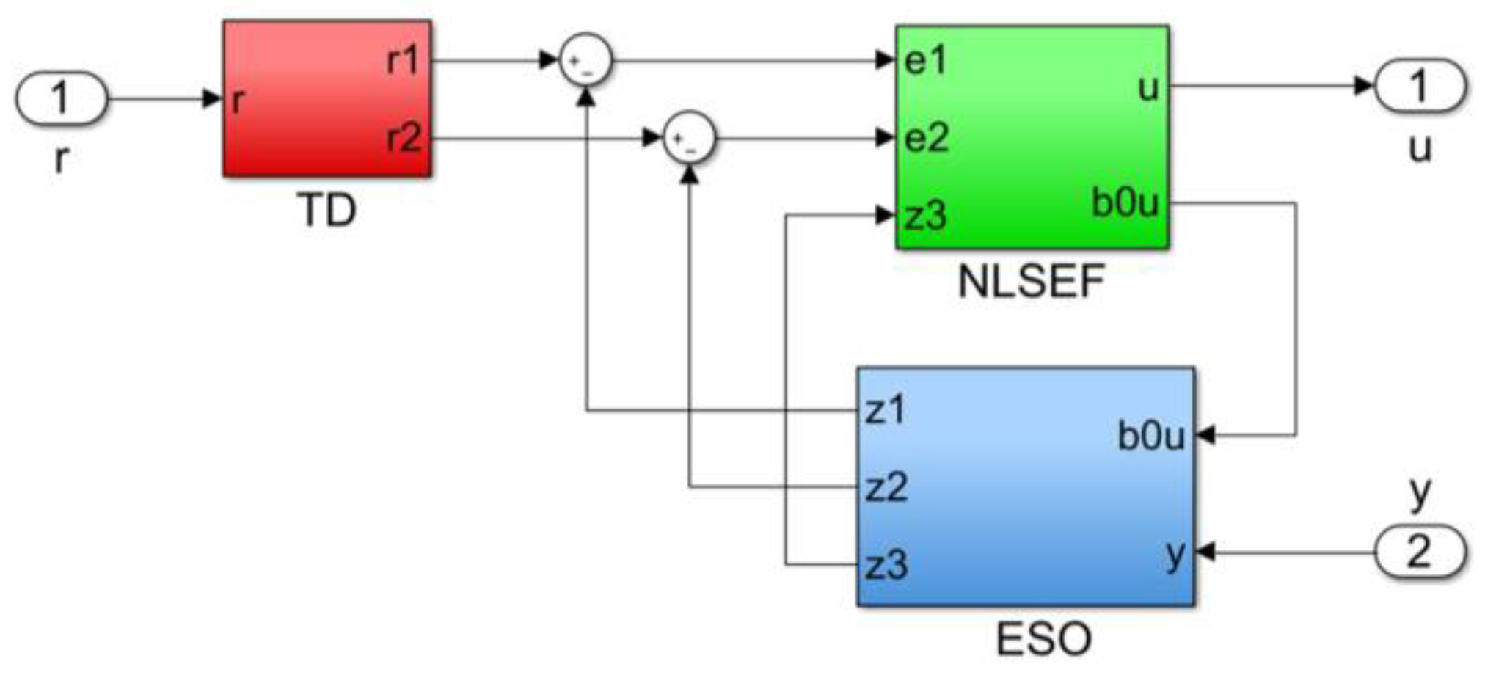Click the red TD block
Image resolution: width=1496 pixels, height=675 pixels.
point(326,98)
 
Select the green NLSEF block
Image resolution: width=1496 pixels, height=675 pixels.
point(1031,138)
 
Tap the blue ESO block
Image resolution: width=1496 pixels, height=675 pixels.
point(1025,486)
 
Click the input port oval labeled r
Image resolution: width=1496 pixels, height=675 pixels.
point(62,98)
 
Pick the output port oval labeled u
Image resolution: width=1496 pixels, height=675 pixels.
point(1419,86)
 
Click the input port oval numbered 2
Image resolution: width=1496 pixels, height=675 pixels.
point(1419,552)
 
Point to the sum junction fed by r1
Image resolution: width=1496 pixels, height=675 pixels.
point(585,60)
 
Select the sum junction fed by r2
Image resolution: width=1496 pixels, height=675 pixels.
point(688,137)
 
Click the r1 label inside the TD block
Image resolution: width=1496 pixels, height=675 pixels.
point(403,59)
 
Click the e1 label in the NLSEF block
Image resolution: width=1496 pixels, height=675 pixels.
point(926,60)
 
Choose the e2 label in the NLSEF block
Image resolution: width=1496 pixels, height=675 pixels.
point(927,137)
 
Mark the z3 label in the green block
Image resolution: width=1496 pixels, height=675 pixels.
point(925,216)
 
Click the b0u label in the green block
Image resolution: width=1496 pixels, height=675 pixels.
point(1124,202)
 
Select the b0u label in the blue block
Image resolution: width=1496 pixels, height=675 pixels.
point(1150,436)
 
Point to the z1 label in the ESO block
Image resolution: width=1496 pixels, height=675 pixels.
point(886,410)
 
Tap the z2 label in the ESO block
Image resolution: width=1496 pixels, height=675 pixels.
point(886,487)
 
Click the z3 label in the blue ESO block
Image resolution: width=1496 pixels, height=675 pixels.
point(886,565)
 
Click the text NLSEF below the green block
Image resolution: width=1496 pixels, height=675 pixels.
point(1031,281)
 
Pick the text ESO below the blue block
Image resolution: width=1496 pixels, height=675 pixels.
point(1043,638)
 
